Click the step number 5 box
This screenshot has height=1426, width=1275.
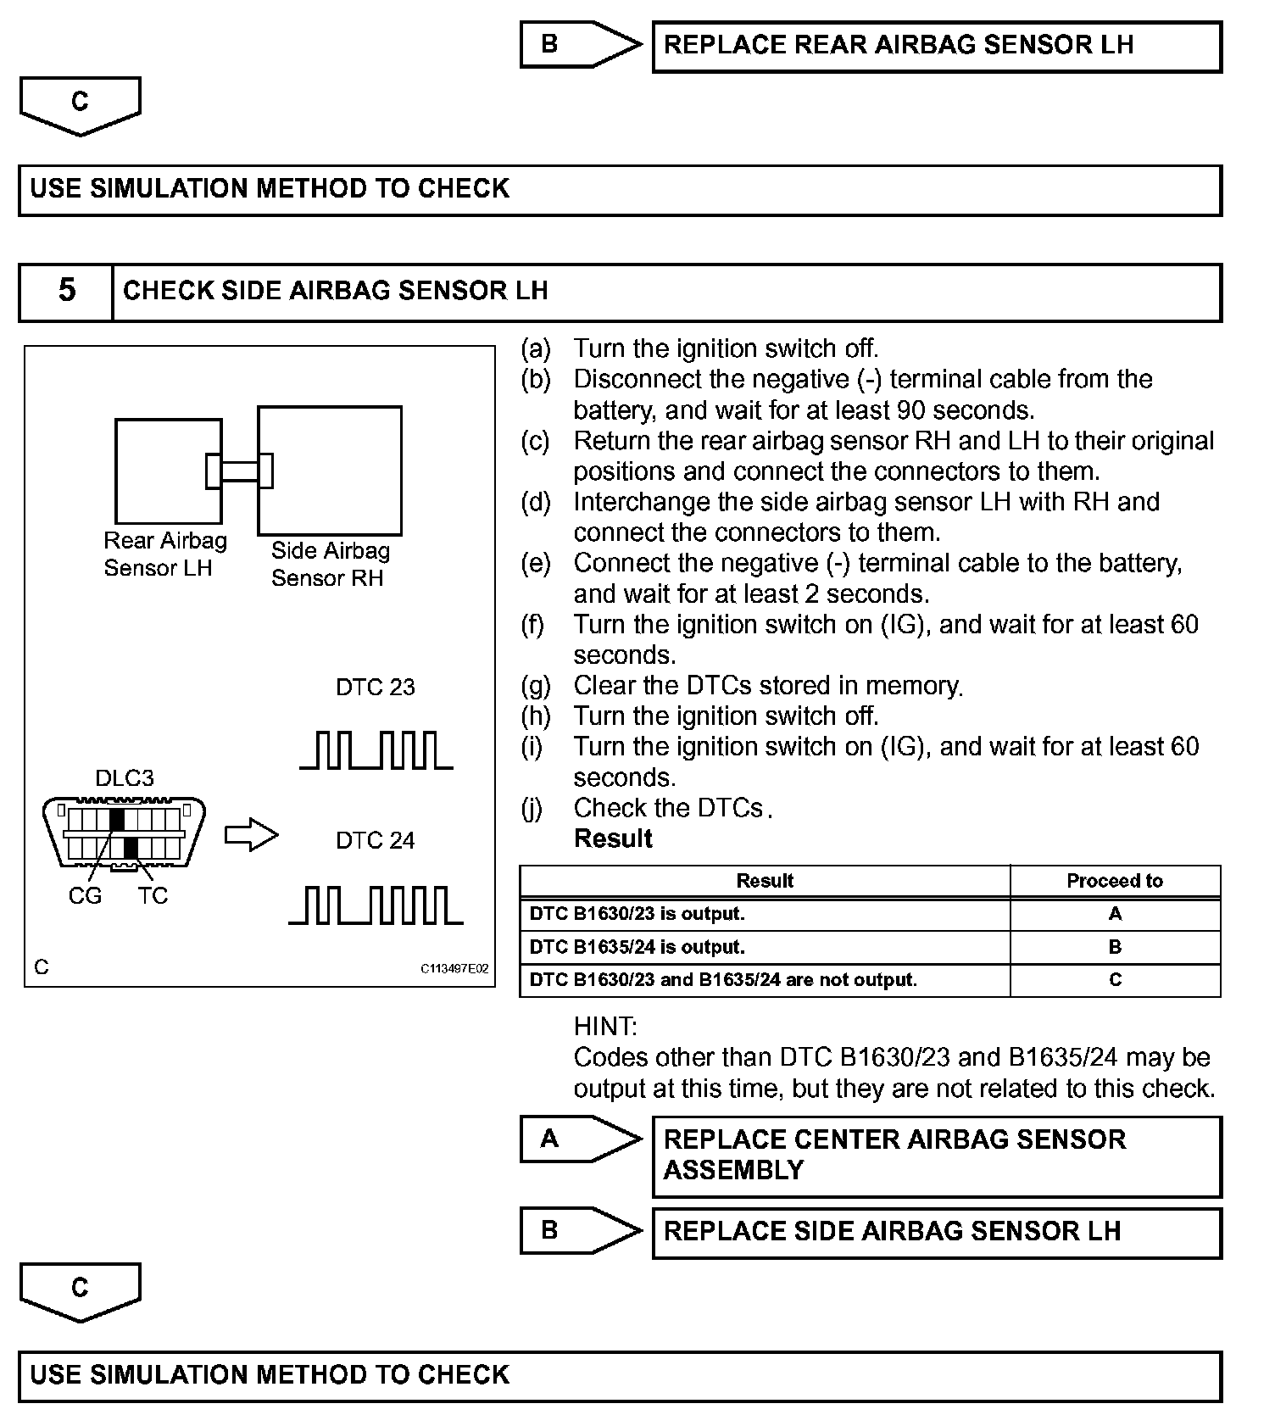66,292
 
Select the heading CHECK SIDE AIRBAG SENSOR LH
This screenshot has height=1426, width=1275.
336,291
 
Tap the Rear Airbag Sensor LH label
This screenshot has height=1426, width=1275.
165,554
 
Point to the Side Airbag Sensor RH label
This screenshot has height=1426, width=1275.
330,564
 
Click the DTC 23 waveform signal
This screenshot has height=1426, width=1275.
376,750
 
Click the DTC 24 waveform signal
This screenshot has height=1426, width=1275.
376,905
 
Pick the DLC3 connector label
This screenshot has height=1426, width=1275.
125,778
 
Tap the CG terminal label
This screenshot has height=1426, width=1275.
85,895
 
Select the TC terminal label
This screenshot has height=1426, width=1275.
153,895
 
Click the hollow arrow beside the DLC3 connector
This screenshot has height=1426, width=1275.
251,835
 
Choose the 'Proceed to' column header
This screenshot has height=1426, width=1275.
1114,881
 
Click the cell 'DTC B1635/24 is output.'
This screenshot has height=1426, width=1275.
637,947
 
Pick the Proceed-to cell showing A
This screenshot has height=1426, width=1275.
1115,914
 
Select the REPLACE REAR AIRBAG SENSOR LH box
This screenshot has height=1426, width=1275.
936,46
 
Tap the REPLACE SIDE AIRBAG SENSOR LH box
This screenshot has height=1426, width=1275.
936,1232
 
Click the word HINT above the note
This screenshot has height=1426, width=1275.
605,1027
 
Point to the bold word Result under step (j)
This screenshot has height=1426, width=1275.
613,838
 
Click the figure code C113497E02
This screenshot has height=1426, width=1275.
454,968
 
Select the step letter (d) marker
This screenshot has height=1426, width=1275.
536,502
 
